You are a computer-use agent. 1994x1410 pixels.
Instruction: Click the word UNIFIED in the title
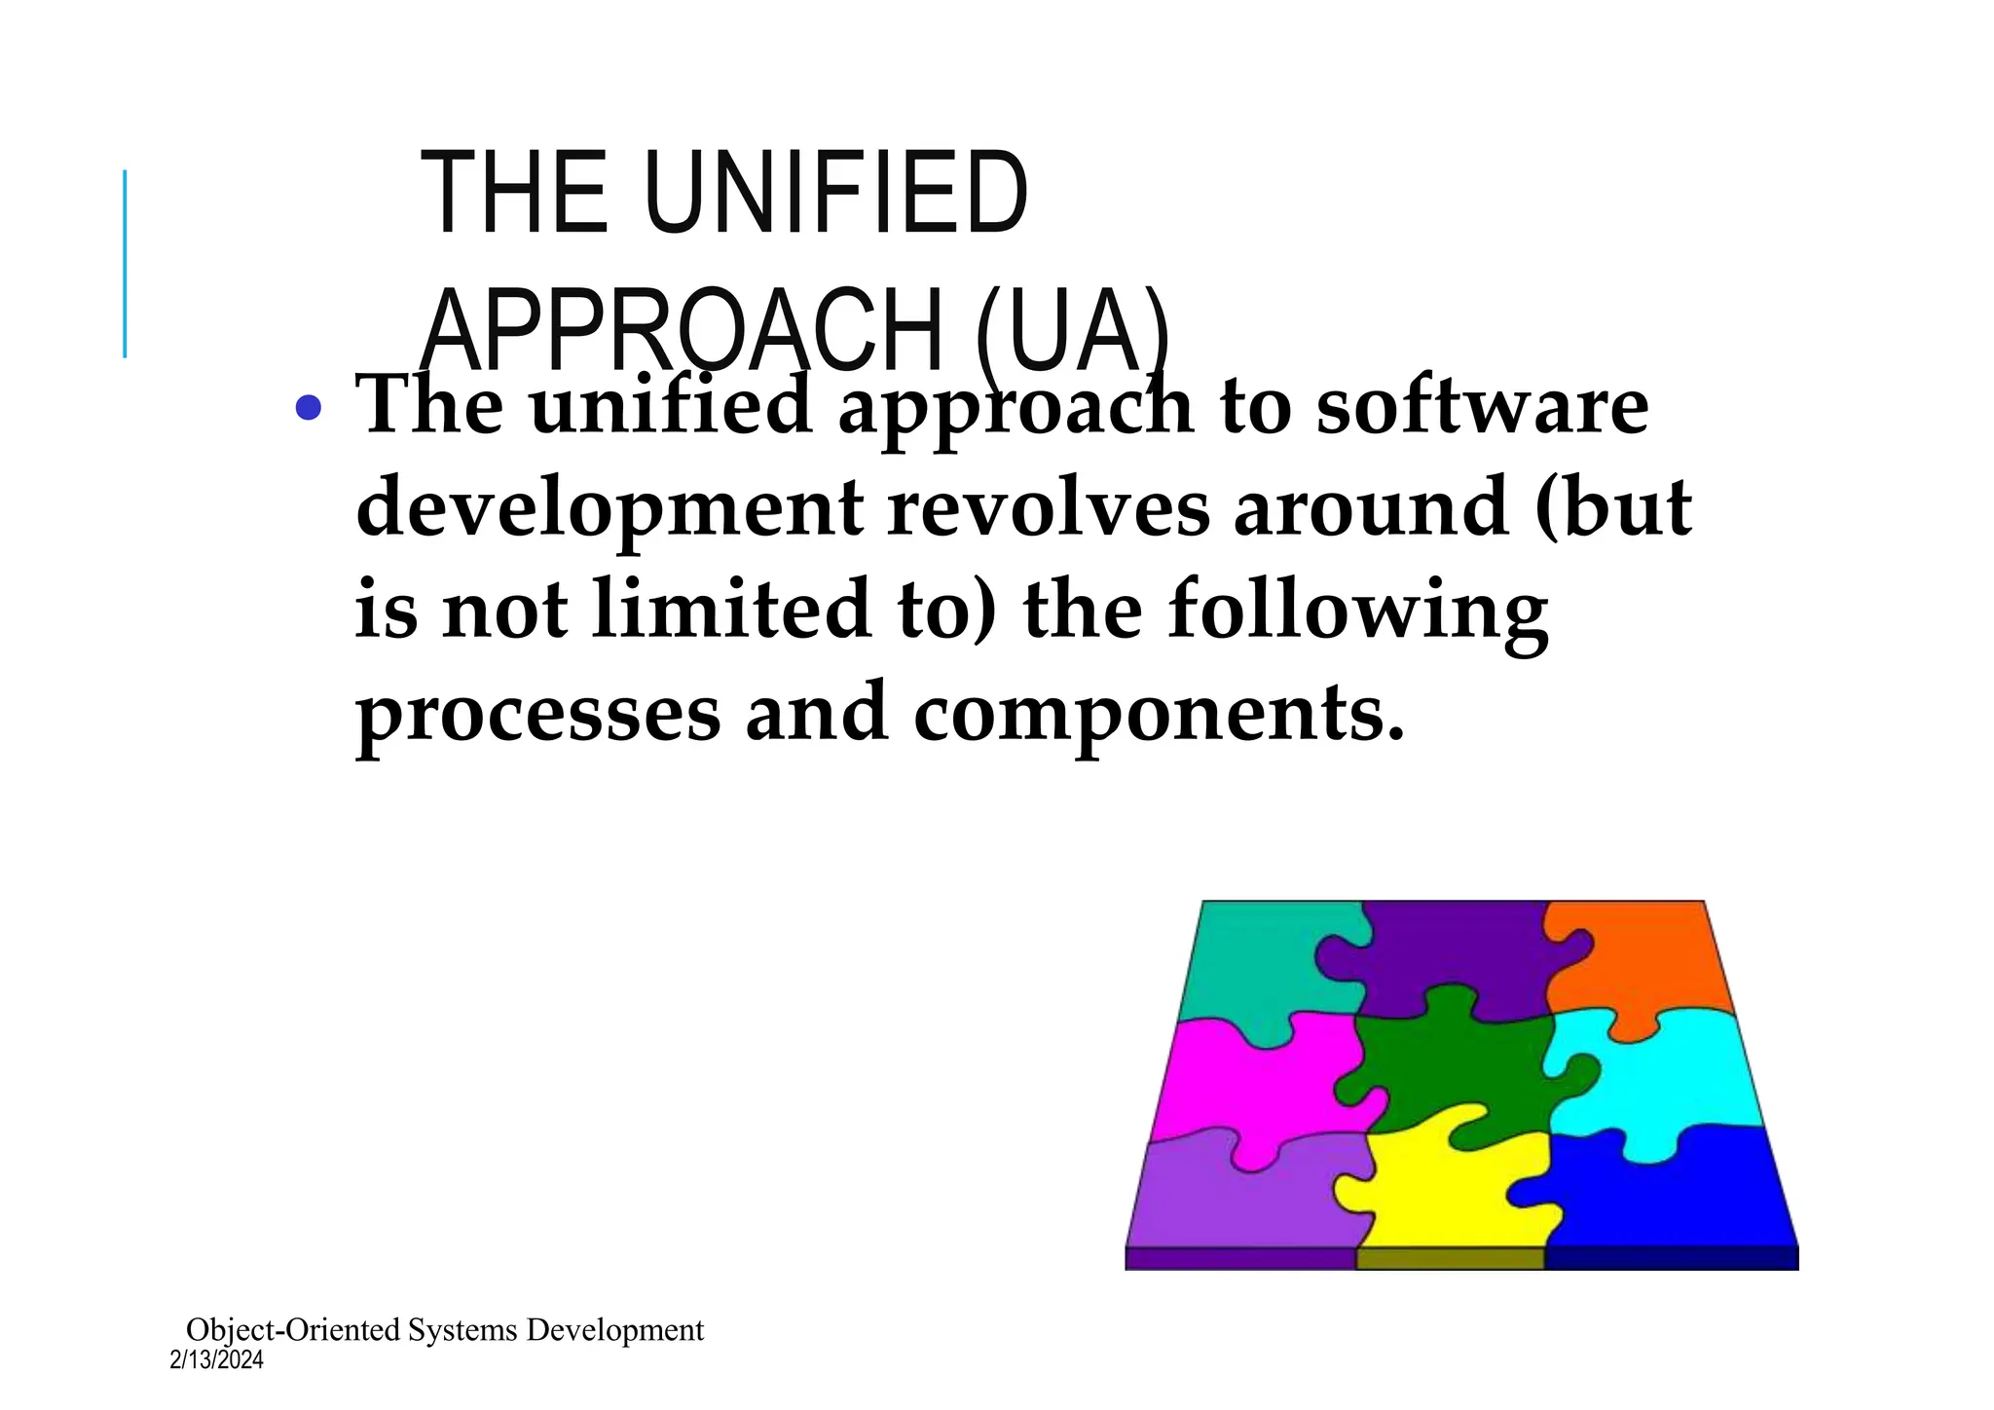click(x=834, y=192)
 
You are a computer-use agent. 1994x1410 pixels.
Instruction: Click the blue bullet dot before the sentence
click(x=308, y=407)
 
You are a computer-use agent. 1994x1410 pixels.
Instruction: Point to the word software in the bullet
click(x=1482, y=405)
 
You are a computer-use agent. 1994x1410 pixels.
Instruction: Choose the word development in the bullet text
click(x=609, y=508)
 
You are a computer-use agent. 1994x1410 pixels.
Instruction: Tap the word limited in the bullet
click(x=732, y=610)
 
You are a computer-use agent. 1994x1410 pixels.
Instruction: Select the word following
click(x=1357, y=612)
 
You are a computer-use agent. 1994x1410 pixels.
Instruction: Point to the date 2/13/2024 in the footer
click(x=216, y=1360)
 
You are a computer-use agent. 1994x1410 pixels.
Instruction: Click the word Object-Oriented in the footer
click(x=293, y=1330)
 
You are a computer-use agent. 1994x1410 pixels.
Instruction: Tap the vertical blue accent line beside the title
click(x=125, y=263)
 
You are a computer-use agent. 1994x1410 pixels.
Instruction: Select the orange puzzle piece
click(x=1645, y=959)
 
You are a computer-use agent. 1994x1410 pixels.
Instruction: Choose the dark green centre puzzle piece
click(x=1451, y=1071)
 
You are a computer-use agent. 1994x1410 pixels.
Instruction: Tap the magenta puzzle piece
click(x=1246, y=1081)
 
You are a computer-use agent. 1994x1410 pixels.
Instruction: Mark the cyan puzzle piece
click(x=1655, y=1081)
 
